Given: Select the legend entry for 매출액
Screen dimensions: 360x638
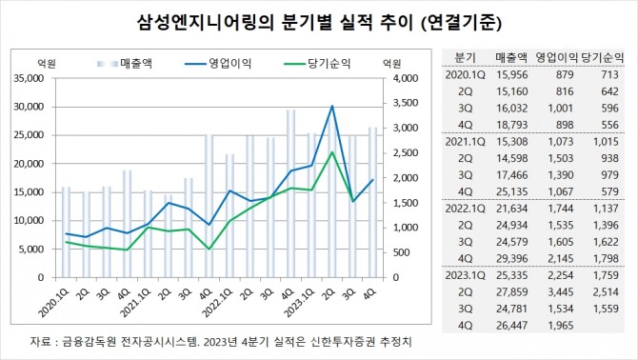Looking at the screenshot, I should point(132,64).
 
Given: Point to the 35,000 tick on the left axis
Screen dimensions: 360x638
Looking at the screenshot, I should point(39,78).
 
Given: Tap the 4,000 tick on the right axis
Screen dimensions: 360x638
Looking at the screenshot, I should point(404,78).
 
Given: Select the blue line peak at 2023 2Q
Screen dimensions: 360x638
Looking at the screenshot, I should point(331,106).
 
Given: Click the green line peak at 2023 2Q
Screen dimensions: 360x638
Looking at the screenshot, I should point(331,152).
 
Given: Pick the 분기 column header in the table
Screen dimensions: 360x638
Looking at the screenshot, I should point(465,56).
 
